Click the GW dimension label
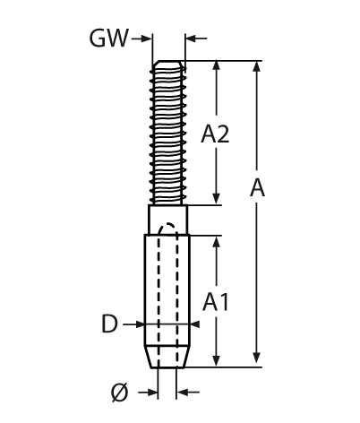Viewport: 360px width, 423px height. click(x=109, y=39)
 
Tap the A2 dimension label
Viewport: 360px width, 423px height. click(x=215, y=134)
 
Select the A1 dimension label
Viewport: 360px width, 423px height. click(x=216, y=302)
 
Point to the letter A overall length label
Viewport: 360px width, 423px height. click(x=257, y=188)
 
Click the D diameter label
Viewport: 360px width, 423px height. click(x=109, y=324)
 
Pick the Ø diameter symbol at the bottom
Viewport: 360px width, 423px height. click(x=120, y=393)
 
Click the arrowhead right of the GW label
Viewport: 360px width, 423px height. click(x=146, y=39)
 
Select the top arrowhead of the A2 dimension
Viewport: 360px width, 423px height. click(x=217, y=65)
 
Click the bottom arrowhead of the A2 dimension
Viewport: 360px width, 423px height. click(x=217, y=199)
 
